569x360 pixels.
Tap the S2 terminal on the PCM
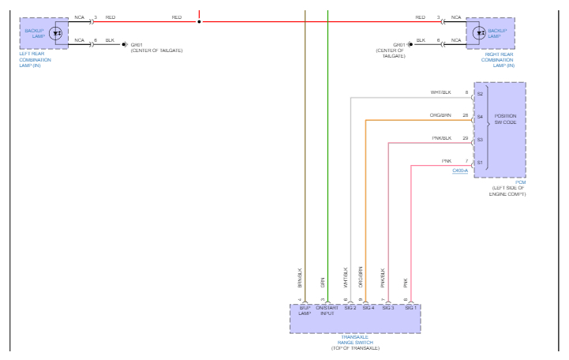pos(480,93)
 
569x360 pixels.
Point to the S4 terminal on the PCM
pos(480,116)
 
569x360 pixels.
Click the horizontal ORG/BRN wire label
pos(440,115)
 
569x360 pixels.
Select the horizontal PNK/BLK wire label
pos(441,138)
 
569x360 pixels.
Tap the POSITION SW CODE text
pos(506,120)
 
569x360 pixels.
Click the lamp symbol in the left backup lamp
pos(56,34)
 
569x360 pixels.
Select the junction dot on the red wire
pos(200,21)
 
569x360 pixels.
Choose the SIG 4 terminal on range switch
pos(368,307)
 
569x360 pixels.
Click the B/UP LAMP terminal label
pos(305,310)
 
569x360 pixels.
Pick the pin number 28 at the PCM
pos(466,115)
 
